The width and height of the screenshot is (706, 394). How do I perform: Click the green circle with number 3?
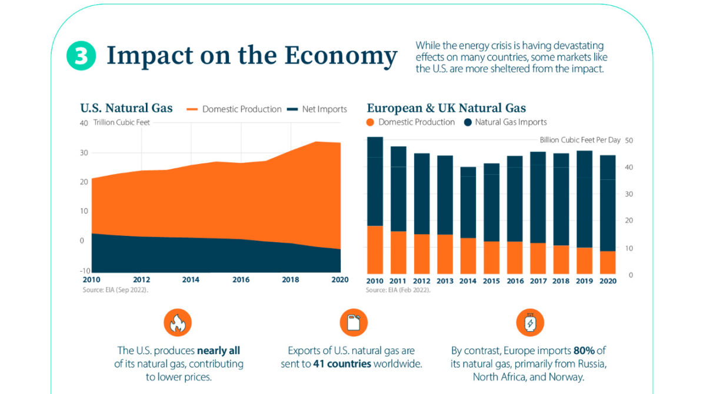click(x=81, y=56)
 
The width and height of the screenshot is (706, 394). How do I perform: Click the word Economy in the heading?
click(x=341, y=56)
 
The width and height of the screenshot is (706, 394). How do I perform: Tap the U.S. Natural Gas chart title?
click(x=126, y=108)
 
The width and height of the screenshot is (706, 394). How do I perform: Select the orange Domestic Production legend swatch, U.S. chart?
click(x=193, y=109)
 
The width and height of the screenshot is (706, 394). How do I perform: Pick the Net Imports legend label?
click(x=324, y=109)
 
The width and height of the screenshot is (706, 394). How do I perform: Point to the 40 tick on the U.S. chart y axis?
click(x=84, y=123)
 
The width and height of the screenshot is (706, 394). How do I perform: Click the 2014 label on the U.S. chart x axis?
click(x=191, y=280)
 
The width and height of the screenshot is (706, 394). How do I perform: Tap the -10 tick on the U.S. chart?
click(x=84, y=270)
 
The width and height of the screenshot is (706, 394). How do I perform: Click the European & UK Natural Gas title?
click(x=446, y=108)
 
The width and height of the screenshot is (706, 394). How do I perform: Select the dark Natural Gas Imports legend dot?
click(x=467, y=122)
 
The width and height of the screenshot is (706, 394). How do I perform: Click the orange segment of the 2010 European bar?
click(x=375, y=250)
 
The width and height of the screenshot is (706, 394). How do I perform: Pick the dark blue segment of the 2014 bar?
click(x=468, y=202)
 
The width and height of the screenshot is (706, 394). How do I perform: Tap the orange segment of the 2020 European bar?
click(x=608, y=263)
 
